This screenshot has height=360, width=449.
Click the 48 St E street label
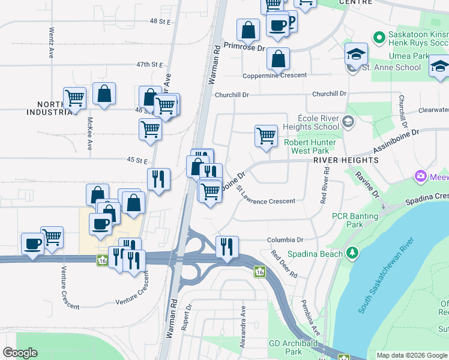[161, 21]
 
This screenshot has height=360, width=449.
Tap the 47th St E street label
[149, 64]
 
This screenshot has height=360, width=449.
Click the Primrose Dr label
[244, 46]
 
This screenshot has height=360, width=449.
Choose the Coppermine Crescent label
[274, 76]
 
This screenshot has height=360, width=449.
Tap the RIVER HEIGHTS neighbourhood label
[345, 160]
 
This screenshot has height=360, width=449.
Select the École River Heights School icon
[347, 122]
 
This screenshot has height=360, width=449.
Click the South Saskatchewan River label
[387, 276]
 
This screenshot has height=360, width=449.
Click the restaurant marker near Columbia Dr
[227, 246]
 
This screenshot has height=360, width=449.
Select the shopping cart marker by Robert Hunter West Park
[266, 136]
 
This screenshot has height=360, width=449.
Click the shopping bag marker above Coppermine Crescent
[278, 59]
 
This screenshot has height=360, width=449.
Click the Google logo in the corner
[20, 353]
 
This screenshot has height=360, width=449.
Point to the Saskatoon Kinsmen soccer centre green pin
[379, 38]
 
